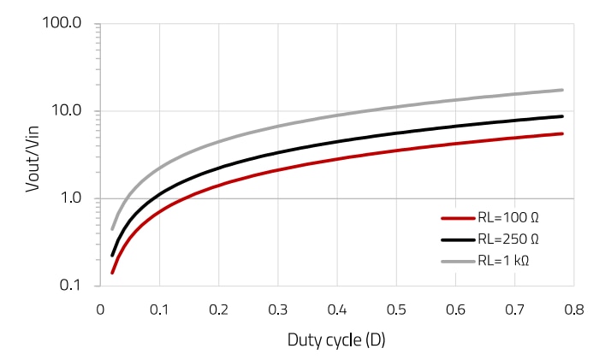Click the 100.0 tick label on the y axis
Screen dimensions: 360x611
click(x=62, y=23)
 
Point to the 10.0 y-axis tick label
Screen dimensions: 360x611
click(x=66, y=111)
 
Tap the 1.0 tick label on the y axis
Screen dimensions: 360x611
click(x=69, y=198)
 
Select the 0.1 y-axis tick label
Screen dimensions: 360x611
click(x=69, y=286)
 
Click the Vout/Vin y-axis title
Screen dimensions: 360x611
click(x=33, y=154)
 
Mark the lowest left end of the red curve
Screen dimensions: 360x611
click(x=112, y=273)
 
